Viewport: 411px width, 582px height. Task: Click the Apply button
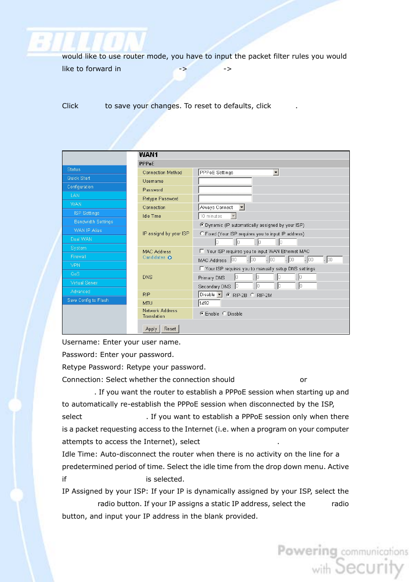[x=151, y=329]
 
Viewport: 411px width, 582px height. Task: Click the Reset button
[x=170, y=329]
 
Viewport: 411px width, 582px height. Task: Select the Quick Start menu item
[x=79, y=178]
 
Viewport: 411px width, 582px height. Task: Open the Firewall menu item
[x=78, y=257]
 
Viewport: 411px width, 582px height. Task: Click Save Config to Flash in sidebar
[x=88, y=300]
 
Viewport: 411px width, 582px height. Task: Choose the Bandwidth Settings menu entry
[x=93, y=222]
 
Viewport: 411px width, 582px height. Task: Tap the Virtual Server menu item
[x=84, y=283]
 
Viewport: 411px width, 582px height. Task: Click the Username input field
[x=225, y=181]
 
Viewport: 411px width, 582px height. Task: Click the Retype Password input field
[x=225, y=199]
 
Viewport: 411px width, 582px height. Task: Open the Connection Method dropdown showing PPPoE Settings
[x=238, y=172]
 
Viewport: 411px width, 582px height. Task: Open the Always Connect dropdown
[x=221, y=207]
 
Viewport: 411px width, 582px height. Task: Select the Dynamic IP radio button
[x=202, y=225]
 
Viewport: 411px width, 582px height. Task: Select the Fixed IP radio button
[x=202, y=234]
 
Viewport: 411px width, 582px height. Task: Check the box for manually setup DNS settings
[x=202, y=269]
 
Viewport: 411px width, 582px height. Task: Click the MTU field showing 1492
[x=209, y=303]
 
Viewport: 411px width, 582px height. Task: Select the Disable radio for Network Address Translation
[x=224, y=314]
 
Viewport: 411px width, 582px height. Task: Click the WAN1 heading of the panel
[x=148, y=155]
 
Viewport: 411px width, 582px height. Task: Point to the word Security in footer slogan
[x=369, y=567]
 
